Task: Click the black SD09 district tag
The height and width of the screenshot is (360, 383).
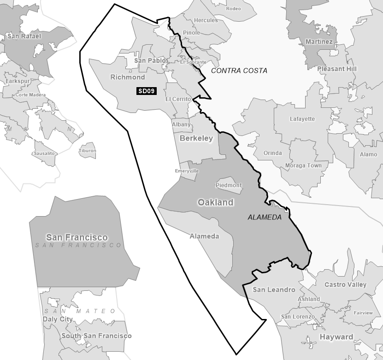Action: pos(147,91)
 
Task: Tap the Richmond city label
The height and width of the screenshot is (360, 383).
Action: pos(128,77)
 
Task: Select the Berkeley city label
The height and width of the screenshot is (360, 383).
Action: pos(196,138)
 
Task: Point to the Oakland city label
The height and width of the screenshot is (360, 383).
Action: pos(215,202)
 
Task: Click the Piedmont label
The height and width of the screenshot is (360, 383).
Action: pos(229,185)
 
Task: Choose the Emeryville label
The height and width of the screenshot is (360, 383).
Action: pos(187,171)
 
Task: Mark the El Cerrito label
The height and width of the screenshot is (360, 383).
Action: pos(178,99)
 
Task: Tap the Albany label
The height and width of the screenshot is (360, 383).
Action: pos(181,124)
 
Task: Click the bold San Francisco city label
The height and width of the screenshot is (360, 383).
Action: pos(77,237)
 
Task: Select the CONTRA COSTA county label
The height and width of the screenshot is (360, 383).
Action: pos(239,71)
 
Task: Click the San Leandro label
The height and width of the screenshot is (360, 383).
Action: pos(274,289)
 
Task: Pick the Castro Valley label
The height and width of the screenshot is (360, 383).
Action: pos(346,284)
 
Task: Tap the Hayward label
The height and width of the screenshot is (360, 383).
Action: pos(336,337)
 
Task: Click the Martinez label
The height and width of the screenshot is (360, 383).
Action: pos(319,42)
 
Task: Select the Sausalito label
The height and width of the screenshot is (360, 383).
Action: pos(44,153)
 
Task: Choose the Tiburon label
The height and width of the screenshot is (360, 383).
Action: pos(88,151)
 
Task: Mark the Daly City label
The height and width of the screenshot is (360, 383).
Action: pos(58,319)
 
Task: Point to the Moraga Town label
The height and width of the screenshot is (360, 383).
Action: pos(303,165)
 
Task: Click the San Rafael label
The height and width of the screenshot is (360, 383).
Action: pos(24,36)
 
